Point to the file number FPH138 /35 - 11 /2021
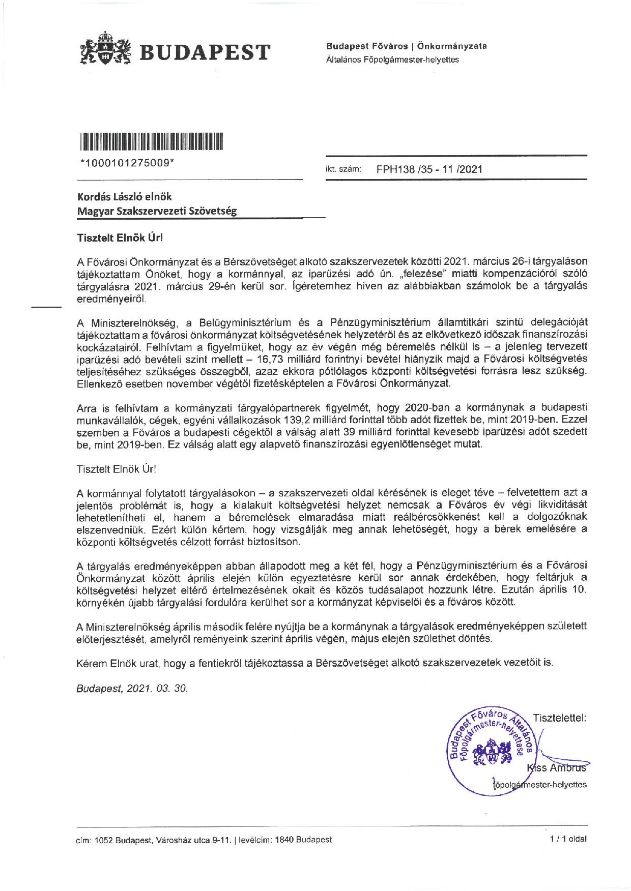click(428, 169)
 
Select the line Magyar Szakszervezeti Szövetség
click(157, 211)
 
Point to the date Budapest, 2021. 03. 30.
click(132, 689)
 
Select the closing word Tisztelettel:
click(560, 718)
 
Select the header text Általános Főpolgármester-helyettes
click(392, 60)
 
